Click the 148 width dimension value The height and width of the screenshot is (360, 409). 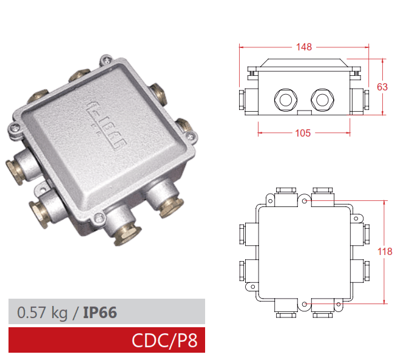click(x=305, y=47)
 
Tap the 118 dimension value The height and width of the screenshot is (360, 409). click(x=385, y=251)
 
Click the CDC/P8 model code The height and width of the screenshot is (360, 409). click(x=164, y=341)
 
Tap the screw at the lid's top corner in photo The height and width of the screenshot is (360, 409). click(x=106, y=59)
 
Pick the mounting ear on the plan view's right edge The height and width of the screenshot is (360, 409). click(x=357, y=217)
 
